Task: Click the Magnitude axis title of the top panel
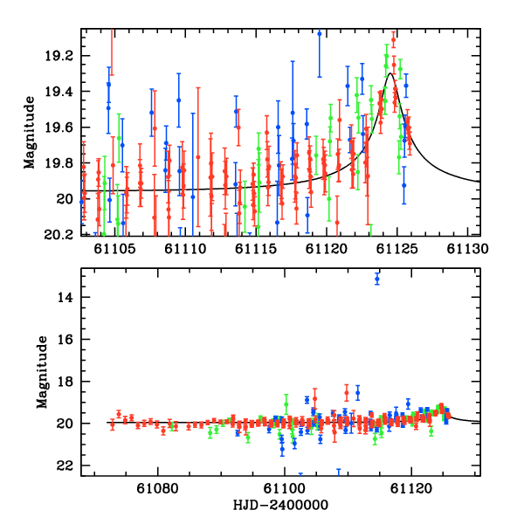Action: click(30, 132)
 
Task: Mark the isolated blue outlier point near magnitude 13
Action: click(377, 279)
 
